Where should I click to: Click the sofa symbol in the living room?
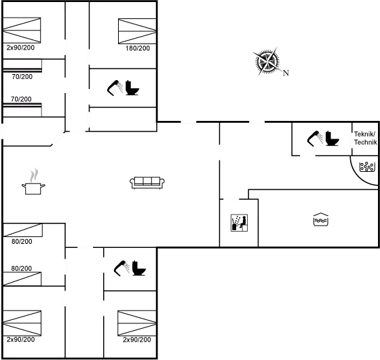click(147, 183)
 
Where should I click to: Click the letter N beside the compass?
click(286, 73)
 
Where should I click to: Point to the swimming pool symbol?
click(321, 219)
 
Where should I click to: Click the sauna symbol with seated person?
click(239, 223)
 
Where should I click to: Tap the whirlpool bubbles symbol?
click(367, 166)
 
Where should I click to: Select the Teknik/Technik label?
click(366, 138)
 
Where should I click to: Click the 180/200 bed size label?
click(138, 48)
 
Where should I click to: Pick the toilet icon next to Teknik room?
click(332, 139)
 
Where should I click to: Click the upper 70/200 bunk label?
click(22, 77)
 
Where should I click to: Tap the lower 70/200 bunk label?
click(21, 99)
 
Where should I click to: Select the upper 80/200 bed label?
click(22, 241)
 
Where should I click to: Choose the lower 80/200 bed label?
click(21, 268)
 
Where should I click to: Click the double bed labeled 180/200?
click(137, 31)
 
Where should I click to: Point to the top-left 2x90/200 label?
click(20, 48)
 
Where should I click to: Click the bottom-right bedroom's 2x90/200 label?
click(137, 340)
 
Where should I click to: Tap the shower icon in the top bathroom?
click(115, 88)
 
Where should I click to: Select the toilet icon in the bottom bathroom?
click(139, 268)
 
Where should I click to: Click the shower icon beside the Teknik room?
click(315, 139)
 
